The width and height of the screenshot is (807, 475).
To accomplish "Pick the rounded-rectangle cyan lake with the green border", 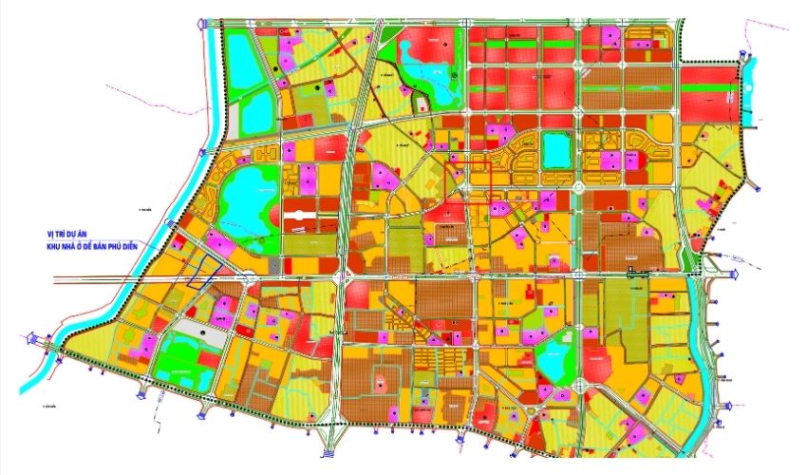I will pyautogui.click(x=554, y=150).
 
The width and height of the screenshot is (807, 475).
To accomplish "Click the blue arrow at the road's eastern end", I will pyautogui.click(x=735, y=275).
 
